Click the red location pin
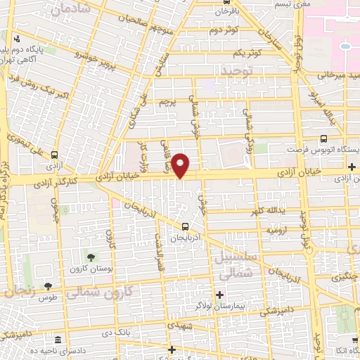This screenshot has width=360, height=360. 181,165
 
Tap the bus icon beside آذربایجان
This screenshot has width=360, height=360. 184,226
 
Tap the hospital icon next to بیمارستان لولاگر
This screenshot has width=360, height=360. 219,293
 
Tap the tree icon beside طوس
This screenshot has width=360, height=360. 47,285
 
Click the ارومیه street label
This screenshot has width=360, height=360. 274,230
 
